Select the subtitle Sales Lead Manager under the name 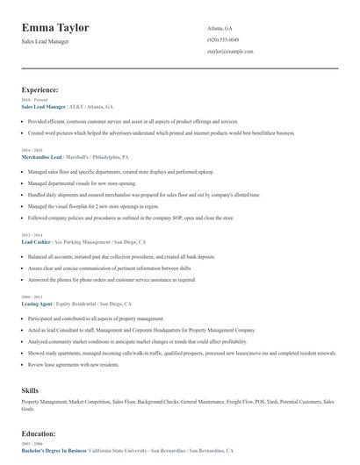click(45, 41)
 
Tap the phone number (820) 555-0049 click(222, 39)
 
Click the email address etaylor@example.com click(230, 52)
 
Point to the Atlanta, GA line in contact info click(220, 28)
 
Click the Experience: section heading click(40, 89)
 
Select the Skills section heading click(30, 389)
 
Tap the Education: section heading click(40, 433)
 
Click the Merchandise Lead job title click(41, 156)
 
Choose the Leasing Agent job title click(37, 304)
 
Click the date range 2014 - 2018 click(31, 150)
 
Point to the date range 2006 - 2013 click(31, 297)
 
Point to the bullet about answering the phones click(112, 280)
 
